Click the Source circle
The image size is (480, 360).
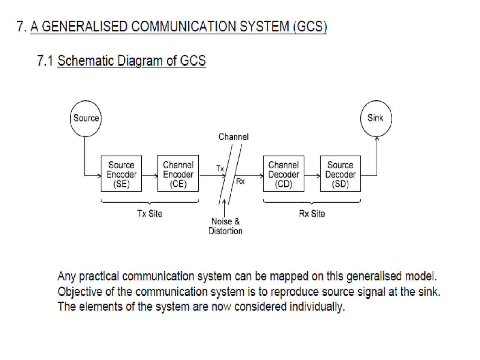[86, 118]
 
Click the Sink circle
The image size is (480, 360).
[376, 118]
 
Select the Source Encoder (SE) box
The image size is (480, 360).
[121, 174]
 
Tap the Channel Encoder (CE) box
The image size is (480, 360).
[178, 174]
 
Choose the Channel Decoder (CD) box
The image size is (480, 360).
[283, 174]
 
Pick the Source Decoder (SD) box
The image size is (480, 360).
[340, 174]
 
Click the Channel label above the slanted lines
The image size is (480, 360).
[233, 137]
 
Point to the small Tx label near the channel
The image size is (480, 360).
[220, 169]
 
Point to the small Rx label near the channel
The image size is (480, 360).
[240, 181]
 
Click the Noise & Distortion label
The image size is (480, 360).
[225, 226]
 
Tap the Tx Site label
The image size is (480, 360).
[150, 214]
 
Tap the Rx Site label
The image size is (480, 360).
[312, 214]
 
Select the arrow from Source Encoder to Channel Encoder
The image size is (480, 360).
[150, 175]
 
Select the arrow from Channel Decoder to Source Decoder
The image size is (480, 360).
[312, 175]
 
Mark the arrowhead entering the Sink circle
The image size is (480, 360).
[377, 139]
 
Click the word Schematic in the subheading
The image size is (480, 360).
[85, 61]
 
